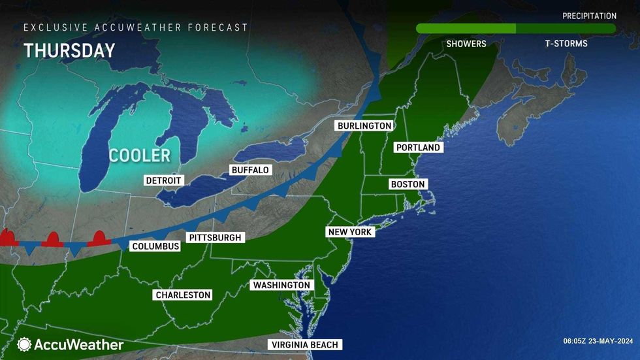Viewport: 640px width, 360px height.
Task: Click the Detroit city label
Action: click(x=163, y=180)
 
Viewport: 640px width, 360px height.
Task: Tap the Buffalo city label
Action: click(x=250, y=170)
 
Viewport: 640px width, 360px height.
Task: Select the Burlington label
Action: click(x=364, y=125)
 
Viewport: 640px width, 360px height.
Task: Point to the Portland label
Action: click(x=419, y=148)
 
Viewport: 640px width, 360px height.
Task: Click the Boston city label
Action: click(x=408, y=184)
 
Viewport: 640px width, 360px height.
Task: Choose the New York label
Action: click(x=351, y=232)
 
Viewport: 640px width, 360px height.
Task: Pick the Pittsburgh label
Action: click(x=215, y=238)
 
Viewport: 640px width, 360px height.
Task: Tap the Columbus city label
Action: click(x=155, y=246)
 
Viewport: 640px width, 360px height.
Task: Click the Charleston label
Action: click(x=183, y=295)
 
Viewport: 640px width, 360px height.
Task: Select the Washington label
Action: click(x=281, y=286)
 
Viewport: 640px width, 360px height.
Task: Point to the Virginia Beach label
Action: click(x=306, y=345)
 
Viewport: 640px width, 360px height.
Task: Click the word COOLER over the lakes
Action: click(x=139, y=155)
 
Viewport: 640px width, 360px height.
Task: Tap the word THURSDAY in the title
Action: click(x=69, y=51)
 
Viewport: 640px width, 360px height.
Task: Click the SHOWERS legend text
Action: click(x=466, y=44)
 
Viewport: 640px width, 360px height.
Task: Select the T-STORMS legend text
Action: click(x=566, y=44)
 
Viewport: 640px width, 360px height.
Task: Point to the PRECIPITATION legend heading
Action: click(x=589, y=16)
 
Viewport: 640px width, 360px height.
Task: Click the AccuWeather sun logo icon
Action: click(x=24, y=344)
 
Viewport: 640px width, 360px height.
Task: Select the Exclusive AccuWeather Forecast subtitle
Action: click(x=136, y=27)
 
